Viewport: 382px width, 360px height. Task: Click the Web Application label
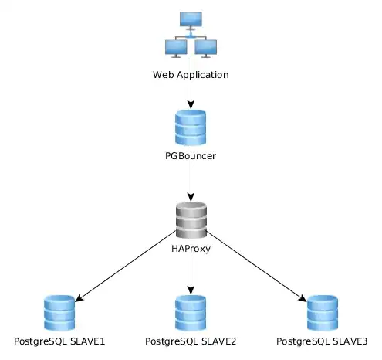tap(191, 75)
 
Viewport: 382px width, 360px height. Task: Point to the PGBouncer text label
tap(191, 156)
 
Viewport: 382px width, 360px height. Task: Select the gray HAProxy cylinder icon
tap(191, 219)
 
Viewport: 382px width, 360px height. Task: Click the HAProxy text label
tap(191, 248)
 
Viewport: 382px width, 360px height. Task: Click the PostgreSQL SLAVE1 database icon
tap(59, 313)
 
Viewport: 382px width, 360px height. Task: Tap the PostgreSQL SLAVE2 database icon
tap(191, 313)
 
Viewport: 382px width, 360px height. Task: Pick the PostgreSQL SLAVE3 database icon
tap(322, 313)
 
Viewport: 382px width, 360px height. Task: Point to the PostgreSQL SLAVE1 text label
tap(59, 341)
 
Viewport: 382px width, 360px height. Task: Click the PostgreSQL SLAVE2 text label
tap(191, 341)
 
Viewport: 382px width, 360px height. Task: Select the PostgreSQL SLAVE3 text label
tap(322, 341)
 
